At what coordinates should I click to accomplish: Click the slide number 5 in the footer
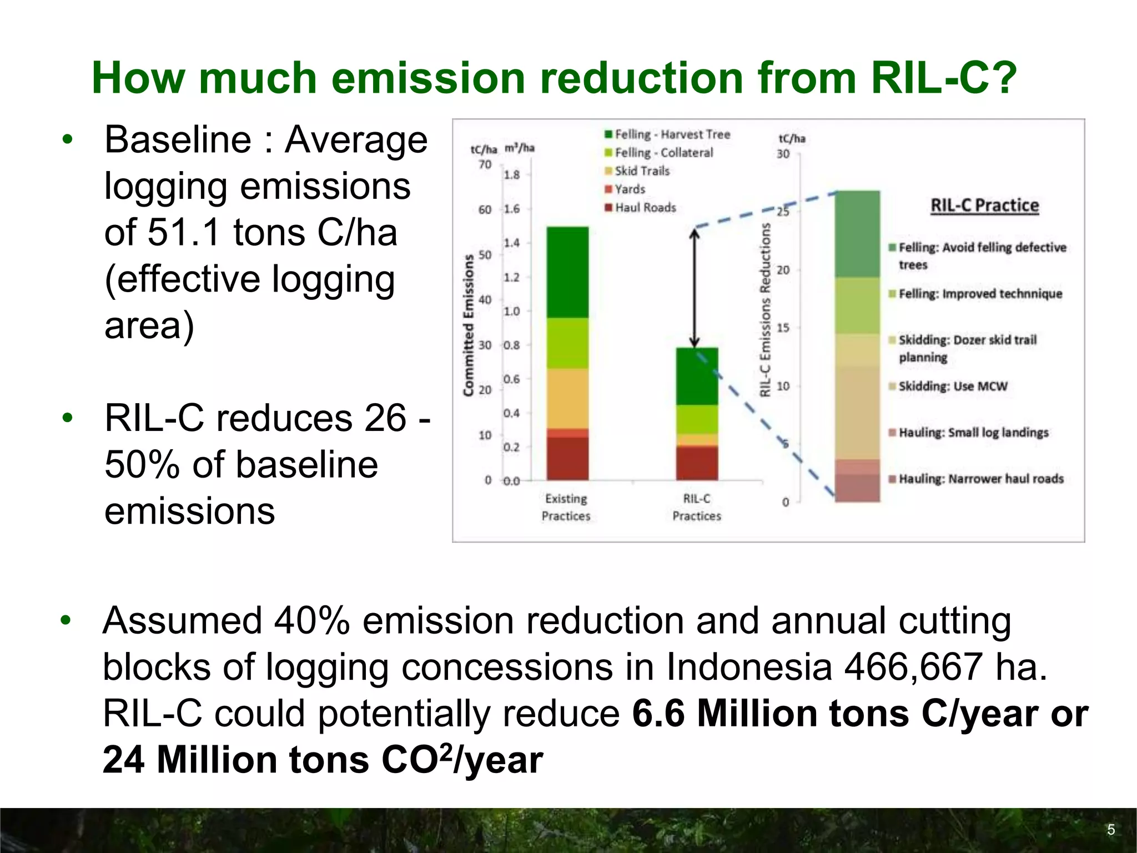pyautogui.click(x=1111, y=830)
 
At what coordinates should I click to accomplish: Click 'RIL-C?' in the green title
pyautogui.click(x=943, y=78)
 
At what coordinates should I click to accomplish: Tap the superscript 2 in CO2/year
pyautogui.click(x=445, y=751)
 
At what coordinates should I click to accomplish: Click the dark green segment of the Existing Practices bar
pyautogui.click(x=567, y=272)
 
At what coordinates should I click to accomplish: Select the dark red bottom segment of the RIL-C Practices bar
pyautogui.click(x=697, y=463)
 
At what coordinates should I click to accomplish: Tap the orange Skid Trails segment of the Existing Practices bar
pyautogui.click(x=567, y=398)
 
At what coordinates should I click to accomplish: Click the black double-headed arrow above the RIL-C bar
pyautogui.click(x=694, y=288)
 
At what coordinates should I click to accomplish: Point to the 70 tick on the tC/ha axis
pyautogui.click(x=485, y=164)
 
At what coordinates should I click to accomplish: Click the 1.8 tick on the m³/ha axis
pyautogui.click(x=511, y=175)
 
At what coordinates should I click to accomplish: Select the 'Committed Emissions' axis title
pyautogui.click(x=469, y=325)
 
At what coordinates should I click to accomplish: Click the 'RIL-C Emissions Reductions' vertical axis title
pyautogui.click(x=765, y=310)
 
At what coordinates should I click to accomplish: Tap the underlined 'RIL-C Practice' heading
pyautogui.click(x=984, y=205)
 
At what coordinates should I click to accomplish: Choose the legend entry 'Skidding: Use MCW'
pyautogui.click(x=952, y=387)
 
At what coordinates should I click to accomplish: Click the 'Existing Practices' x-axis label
pyautogui.click(x=566, y=507)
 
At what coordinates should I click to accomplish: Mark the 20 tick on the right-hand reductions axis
pyautogui.click(x=783, y=270)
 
